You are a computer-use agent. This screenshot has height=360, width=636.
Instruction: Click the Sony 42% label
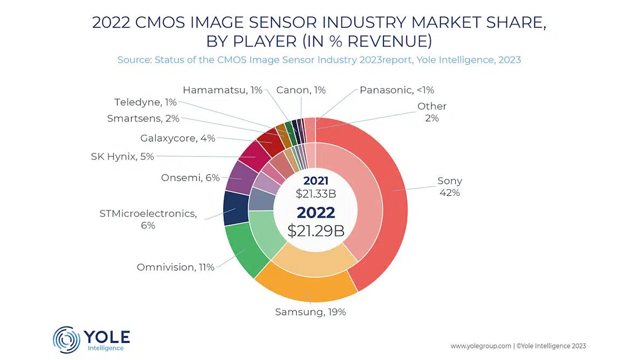pyautogui.click(x=449, y=187)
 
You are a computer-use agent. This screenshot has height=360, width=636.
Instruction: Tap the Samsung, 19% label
pyautogui.click(x=310, y=311)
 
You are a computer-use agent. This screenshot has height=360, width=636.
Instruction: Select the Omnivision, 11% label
pyautogui.click(x=175, y=267)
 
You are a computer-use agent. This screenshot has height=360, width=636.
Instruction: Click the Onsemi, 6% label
pyautogui.click(x=190, y=178)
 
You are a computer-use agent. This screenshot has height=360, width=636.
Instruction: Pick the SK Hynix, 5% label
pyautogui.click(x=122, y=157)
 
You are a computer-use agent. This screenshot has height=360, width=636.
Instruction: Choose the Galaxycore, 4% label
pyautogui.click(x=177, y=138)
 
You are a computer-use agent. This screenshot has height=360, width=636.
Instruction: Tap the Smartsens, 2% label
pyautogui.click(x=143, y=119)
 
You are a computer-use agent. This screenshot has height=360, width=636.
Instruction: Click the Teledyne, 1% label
pyautogui.click(x=145, y=102)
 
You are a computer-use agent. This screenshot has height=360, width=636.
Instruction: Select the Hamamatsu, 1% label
pyautogui.click(x=222, y=90)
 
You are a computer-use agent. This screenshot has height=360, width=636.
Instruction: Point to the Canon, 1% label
pyautogui.click(x=300, y=90)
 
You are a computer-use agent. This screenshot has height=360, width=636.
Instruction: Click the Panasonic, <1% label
pyautogui.click(x=396, y=90)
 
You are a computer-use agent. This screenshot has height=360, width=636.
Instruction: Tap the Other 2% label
pyautogui.click(x=432, y=112)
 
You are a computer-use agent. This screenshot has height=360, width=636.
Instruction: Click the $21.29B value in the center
pyautogui.click(x=316, y=230)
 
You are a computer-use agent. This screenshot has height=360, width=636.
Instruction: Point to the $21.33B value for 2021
pyautogui.click(x=316, y=193)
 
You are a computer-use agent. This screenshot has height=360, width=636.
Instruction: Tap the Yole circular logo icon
pyautogui.click(x=66, y=340)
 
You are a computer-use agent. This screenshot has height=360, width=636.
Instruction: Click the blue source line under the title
pyautogui.click(x=319, y=60)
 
